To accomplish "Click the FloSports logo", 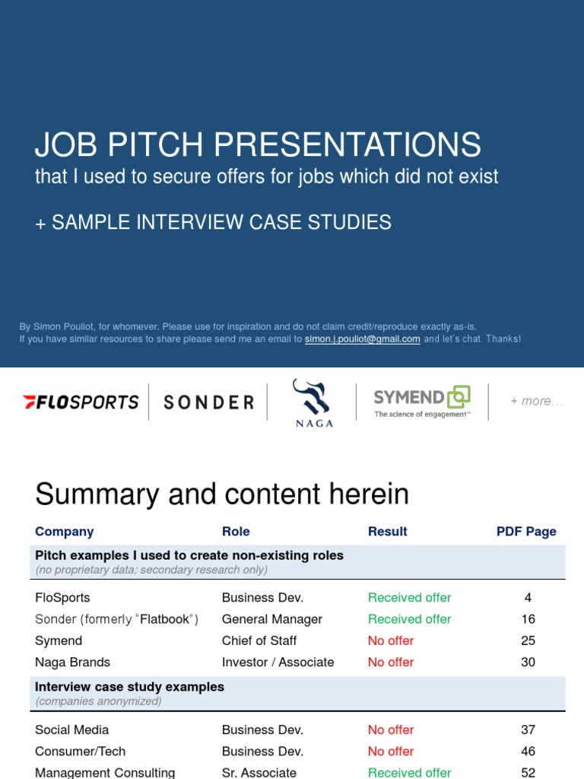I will [x=81, y=402].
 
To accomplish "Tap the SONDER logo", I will [x=208, y=402].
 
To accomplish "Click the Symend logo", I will [x=422, y=401].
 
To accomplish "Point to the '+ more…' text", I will [x=537, y=401].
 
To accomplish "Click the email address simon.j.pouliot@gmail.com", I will [x=362, y=339].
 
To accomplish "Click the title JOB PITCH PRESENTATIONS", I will [x=258, y=145].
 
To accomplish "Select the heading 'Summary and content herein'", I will [x=222, y=494].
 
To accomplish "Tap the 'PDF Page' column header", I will [x=526, y=532].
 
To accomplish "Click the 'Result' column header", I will [x=388, y=532].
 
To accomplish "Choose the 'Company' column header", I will [x=65, y=532].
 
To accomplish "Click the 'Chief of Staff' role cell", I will [x=259, y=641].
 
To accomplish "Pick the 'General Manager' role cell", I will [x=272, y=619].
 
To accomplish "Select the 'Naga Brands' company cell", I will [x=73, y=662].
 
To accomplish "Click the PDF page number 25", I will [x=528, y=641].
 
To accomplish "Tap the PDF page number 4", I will [x=528, y=598].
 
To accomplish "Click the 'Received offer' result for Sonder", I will [x=409, y=619].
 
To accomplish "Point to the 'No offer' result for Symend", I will [x=391, y=641].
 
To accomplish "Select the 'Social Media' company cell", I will [x=72, y=730].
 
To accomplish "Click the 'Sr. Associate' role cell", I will [x=259, y=772].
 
